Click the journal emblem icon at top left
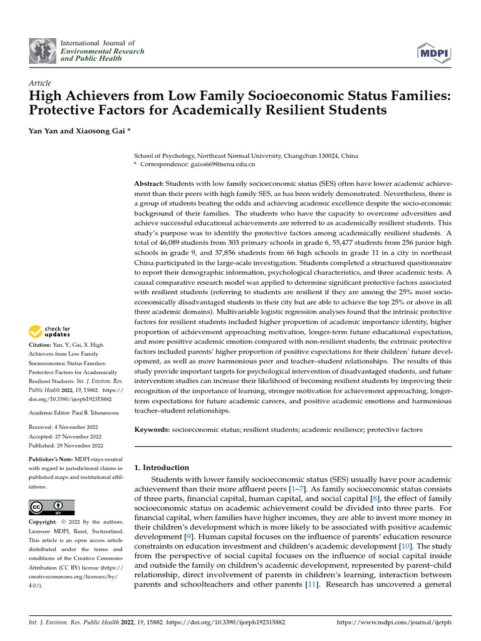43,51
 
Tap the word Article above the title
40,83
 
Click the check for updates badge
50,331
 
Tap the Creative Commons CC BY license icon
52,507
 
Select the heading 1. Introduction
162,467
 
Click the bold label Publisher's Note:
52,459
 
